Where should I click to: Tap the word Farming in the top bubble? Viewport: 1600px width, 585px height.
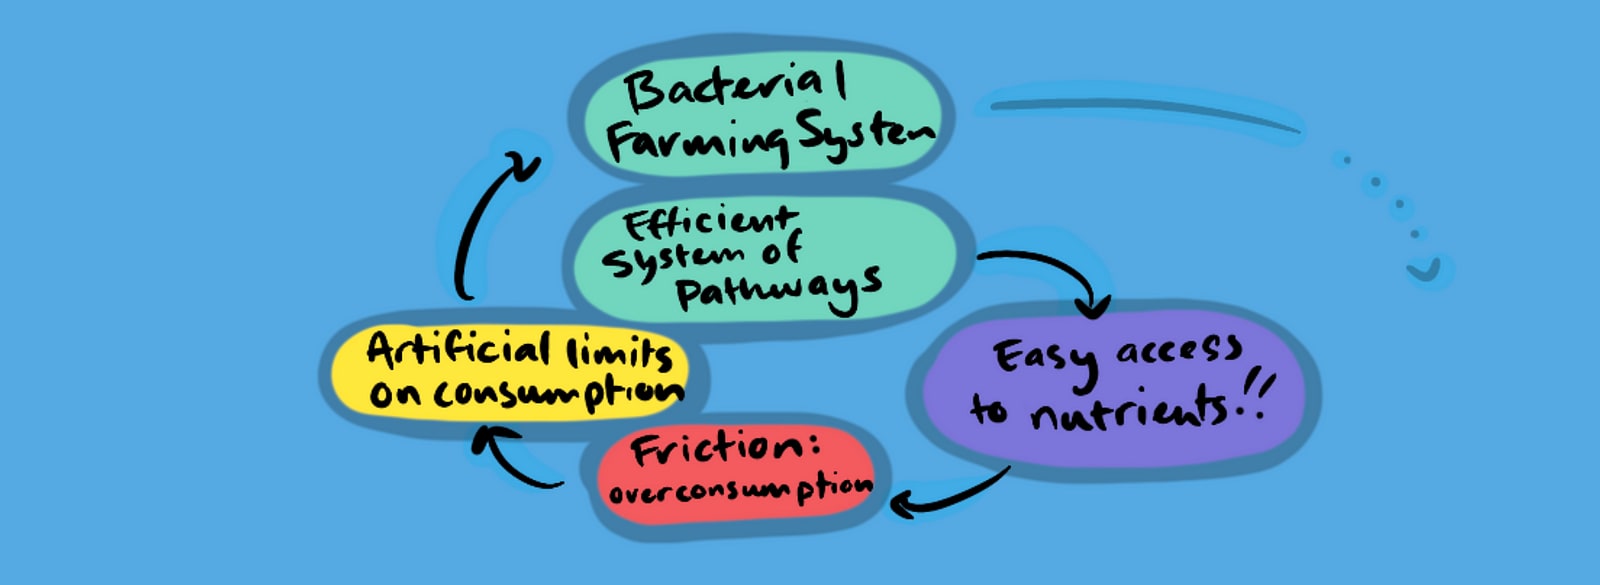pyautogui.click(x=698, y=142)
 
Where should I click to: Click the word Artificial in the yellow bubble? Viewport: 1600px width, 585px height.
pyautogui.click(x=458, y=351)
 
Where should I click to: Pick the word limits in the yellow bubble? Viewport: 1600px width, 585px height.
pyautogui.click(x=619, y=353)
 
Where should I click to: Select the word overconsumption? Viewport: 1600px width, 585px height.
pyautogui.click(x=740, y=491)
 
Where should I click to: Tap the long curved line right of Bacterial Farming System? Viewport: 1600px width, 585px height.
pyautogui.click(x=1140, y=112)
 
